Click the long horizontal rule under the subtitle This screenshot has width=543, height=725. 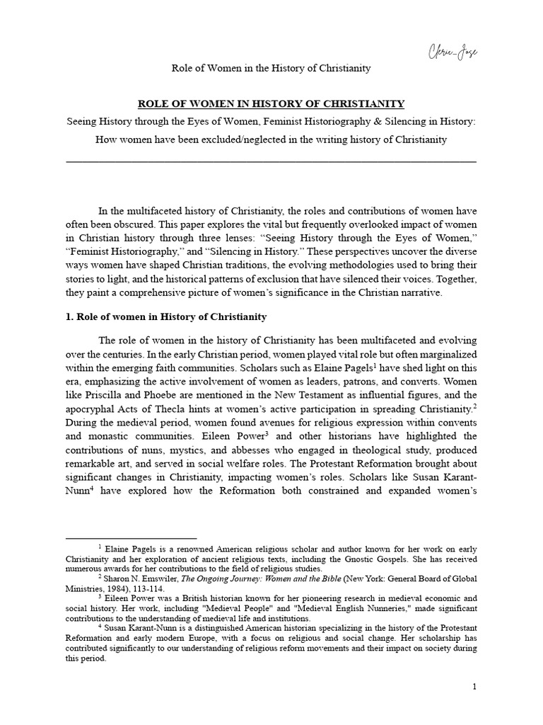point(271,162)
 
